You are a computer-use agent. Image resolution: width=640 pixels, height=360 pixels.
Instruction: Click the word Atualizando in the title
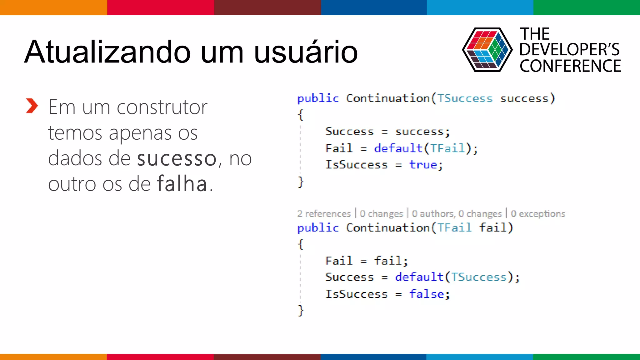tap(107, 52)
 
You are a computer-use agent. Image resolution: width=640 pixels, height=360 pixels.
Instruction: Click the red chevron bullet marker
tap(32, 106)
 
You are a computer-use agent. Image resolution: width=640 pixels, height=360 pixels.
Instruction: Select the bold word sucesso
tap(177, 158)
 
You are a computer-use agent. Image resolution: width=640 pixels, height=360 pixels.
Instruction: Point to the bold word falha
tap(182, 184)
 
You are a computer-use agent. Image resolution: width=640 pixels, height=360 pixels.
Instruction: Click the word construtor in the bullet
tap(162, 107)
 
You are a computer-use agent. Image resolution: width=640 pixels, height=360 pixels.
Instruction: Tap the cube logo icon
tap(487, 50)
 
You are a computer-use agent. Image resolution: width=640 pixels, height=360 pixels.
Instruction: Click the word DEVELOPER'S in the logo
tap(569, 50)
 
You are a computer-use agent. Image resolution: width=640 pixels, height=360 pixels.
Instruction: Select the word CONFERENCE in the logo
tap(570, 66)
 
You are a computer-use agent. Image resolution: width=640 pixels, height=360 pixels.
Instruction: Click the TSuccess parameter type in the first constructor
tap(465, 98)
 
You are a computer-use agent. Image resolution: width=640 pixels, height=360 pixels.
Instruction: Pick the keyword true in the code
tap(423, 165)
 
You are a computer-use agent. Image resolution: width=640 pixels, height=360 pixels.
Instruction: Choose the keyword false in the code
tap(427, 294)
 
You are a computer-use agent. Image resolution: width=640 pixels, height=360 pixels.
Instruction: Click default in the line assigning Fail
tap(398, 148)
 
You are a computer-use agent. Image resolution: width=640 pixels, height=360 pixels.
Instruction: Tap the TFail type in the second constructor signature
tap(454, 227)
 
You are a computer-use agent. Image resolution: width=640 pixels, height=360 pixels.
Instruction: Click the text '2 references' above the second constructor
tap(324, 214)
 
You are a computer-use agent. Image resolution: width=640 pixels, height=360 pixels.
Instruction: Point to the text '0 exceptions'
tap(538, 214)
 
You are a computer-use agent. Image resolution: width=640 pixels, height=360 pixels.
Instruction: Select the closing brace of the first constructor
tap(301, 182)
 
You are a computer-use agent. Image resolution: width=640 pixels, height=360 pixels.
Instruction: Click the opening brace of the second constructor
tap(301, 244)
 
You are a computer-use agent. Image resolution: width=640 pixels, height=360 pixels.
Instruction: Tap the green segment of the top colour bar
tap(587, 7)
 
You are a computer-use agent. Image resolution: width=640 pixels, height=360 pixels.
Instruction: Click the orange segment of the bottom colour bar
tap(53, 357)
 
